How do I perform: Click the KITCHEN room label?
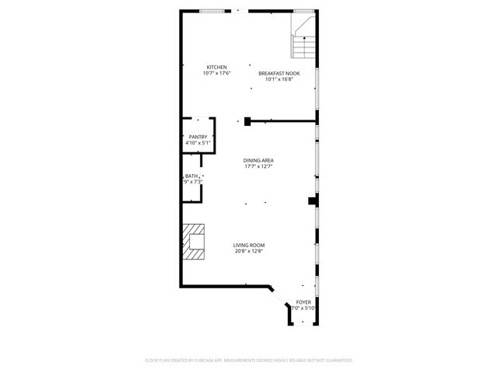tap(216, 67)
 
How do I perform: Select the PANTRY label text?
tap(198, 137)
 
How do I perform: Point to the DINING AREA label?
tap(258, 160)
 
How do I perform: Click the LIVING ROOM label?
tap(249, 245)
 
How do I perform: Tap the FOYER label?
tap(303, 302)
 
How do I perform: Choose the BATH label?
tap(191, 176)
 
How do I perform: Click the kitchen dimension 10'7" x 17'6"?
tap(216, 73)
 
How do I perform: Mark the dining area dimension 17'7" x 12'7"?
tap(258, 166)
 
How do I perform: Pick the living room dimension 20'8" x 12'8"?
tap(249, 251)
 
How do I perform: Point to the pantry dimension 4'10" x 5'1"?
tap(198, 143)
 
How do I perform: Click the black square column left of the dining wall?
tap(247, 120)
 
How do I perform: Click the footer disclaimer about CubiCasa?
tap(249, 361)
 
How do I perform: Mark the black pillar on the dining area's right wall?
tap(313, 200)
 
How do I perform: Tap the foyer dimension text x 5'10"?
tap(305, 309)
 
